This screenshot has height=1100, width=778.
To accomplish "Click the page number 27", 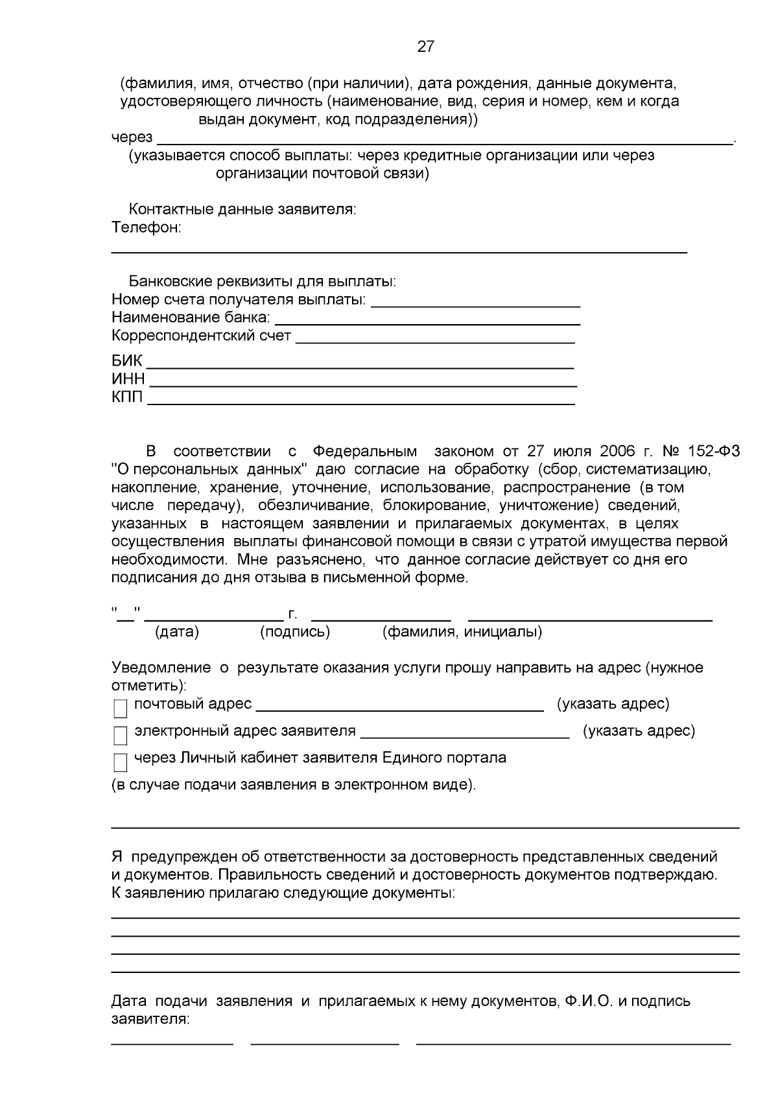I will click(425, 47).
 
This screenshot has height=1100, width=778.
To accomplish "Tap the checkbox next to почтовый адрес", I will click(121, 709).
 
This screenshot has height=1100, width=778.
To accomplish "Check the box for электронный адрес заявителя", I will click(121, 736).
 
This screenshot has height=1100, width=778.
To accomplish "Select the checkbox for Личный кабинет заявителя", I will click(121, 763).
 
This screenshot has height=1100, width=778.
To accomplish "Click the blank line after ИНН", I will click(363, 381).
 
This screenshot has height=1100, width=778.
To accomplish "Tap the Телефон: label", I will click(147, 228).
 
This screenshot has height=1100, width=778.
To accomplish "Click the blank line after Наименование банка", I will click(428, 319).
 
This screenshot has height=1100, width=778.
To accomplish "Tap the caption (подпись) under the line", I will click(295, 631).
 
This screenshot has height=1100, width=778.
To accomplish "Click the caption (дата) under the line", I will click(177, 631).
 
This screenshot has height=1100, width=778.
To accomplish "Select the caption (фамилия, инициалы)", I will click(462, 631).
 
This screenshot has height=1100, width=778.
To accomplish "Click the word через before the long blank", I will click(132, 137).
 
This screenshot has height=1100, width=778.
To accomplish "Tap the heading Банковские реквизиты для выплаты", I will click(262, 282).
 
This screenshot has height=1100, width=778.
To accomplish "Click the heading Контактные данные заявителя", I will click(242, 209).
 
